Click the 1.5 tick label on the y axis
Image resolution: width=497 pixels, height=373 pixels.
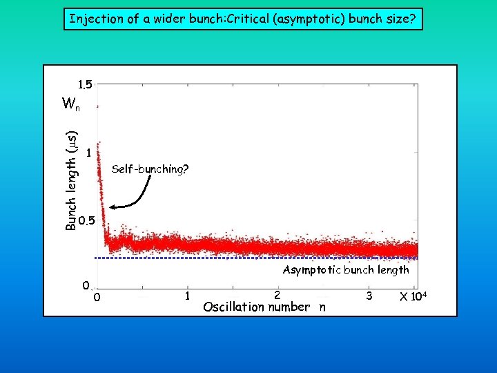coord(85,85)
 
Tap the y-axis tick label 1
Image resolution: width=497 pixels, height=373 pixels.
coord(90,153)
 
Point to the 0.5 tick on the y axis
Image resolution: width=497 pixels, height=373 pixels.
coord(86,222)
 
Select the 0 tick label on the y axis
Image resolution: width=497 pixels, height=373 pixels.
coord(84,285)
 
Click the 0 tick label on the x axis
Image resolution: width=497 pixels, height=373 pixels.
coord(97,298)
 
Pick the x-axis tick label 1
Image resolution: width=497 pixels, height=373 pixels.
coord(187,295)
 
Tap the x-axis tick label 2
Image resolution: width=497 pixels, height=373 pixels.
coord(277,295)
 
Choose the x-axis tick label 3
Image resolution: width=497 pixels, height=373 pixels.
coord(370,295)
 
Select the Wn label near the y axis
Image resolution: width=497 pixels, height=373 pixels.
coord(70,104)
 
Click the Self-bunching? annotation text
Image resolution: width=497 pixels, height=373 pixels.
coord(150,169)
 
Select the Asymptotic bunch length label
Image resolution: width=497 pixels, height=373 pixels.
coord(346,270)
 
